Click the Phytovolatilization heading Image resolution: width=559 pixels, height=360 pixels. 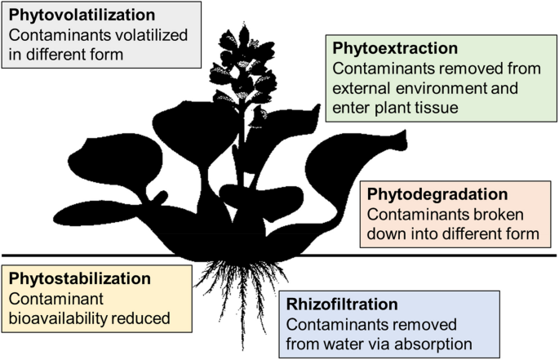80,16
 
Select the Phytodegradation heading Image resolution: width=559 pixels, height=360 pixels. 437,194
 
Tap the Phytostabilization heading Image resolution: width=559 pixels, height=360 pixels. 80,278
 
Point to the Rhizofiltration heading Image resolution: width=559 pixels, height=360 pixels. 343,304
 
